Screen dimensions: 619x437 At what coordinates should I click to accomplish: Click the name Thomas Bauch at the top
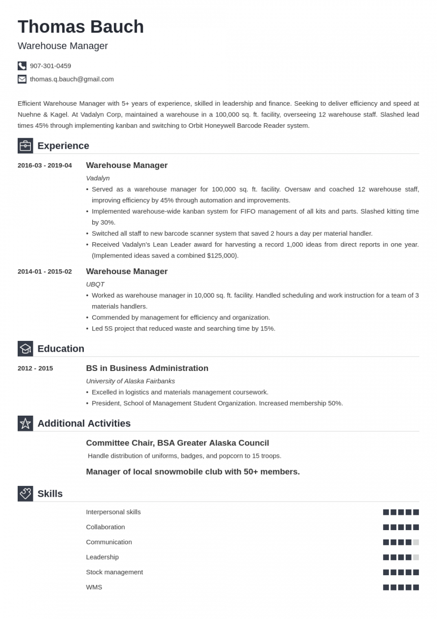[x=81, y=27]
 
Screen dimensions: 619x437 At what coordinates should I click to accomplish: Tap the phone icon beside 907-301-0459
[x=22, y=66]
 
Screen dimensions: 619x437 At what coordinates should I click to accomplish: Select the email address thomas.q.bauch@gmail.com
[x=72, y=79]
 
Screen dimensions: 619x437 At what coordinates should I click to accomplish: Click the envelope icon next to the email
[x=22, y=79]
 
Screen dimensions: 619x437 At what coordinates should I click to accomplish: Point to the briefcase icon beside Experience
[x=26, y=146]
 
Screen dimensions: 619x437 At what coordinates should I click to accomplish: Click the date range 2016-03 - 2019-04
[x=45, y=166]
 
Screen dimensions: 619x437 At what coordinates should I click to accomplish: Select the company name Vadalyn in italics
[x=98, y=178]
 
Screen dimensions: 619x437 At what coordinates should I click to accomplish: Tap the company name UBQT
[x=95, y=284]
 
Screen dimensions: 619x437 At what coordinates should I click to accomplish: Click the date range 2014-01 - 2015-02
[x=45, y=272]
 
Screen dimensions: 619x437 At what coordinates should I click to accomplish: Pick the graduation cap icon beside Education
[x=26, y=349]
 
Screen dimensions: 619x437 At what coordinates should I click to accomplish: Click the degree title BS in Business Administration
[x=147, y=368]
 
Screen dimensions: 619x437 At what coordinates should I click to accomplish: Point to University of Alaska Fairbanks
[x=130, y=381]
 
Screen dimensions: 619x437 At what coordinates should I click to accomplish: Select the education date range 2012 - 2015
[x=35, y=368]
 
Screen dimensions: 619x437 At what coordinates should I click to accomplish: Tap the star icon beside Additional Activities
[x=26, y=423]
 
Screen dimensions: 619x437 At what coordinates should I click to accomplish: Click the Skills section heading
[x=50, y=494]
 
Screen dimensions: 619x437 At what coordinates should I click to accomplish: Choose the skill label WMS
[x=94, y=587]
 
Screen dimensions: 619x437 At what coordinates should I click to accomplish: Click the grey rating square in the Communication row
[x=416, y=542]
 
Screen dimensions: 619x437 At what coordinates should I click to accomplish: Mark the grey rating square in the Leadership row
[x=416, y=557]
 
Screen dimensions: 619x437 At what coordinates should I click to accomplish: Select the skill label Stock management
[x=114, y=572]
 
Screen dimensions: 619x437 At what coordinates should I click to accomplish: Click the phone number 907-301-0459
[x=51, y=66]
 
